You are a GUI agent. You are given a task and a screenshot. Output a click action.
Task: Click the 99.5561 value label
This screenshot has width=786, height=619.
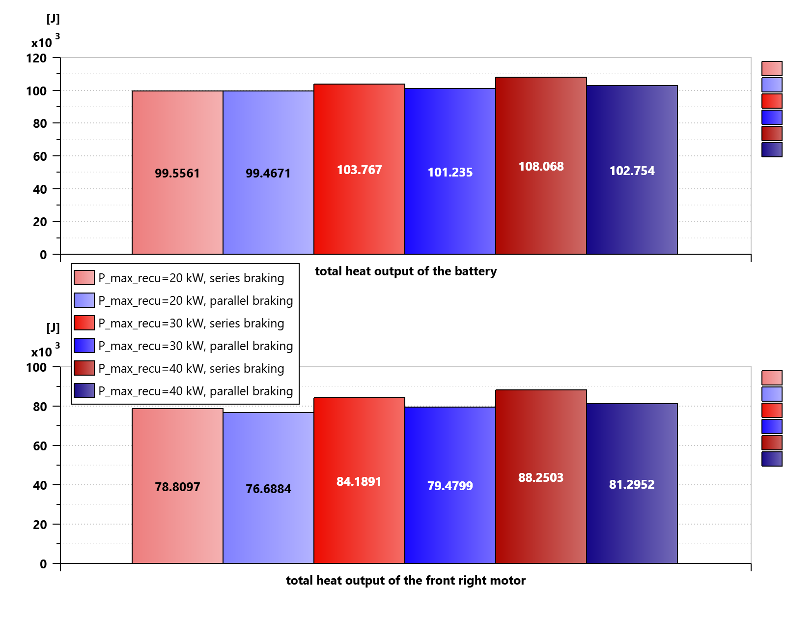point(177,173)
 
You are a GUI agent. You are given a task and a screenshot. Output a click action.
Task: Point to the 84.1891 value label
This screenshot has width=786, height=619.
point(359,481)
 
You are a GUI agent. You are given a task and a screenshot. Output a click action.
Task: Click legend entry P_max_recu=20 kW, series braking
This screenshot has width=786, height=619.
point(191,278)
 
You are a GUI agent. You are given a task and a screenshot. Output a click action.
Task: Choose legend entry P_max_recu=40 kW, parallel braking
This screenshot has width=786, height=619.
point(196,391)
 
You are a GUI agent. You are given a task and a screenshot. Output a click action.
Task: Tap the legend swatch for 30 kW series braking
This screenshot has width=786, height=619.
point(84,323)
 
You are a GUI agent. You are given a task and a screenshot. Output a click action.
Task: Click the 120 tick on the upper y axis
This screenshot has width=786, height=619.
point(37,58)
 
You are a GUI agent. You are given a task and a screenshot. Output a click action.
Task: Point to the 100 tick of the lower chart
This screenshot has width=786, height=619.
point(37,367)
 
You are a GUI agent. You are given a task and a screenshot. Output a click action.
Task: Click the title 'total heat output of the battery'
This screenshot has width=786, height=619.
point(406,271)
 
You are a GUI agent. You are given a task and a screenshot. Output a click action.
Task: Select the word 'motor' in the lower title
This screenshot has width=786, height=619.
point(507,581)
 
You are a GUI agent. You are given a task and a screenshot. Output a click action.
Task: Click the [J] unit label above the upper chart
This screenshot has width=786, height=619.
point(53,19)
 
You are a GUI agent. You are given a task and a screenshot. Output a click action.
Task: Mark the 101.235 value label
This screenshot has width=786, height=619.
point(450,172)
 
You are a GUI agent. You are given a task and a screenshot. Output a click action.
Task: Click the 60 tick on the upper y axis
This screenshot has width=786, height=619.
point(40,156)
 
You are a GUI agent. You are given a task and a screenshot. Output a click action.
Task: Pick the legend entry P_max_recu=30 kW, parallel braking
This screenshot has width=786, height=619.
point(196,346)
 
